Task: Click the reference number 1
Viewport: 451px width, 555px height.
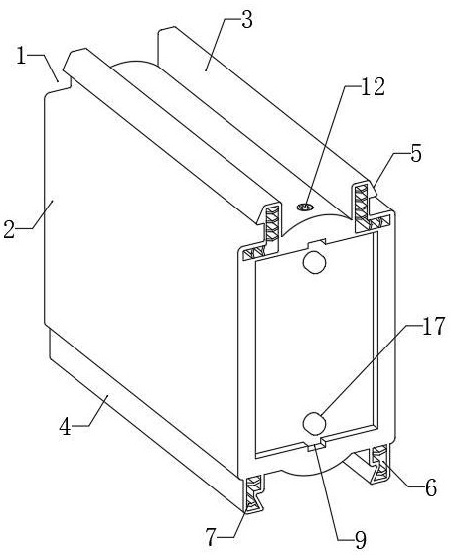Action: tap(22, 56)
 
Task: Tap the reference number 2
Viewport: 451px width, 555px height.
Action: tap(10, 228)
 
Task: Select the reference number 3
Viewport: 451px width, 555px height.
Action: tap(247, 20)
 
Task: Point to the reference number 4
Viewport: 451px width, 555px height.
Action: tap(65, 426)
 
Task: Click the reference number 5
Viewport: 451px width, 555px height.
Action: tap(416, 154)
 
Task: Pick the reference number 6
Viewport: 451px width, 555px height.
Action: tap(431, 488)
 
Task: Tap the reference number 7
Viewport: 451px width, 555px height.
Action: tap(212, 538)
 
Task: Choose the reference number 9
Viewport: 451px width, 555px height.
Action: tap(360, 540)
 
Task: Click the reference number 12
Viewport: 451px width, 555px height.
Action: tap(373, 86)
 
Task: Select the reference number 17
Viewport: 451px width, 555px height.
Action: tap(433, 326)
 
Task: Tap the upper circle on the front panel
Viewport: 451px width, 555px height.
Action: tap(314, 262)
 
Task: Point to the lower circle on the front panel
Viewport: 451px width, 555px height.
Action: tap(314, 424)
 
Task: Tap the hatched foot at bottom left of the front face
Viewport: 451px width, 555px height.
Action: tap(253, 493)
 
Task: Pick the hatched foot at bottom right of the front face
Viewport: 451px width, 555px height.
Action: tap(380, 465)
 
